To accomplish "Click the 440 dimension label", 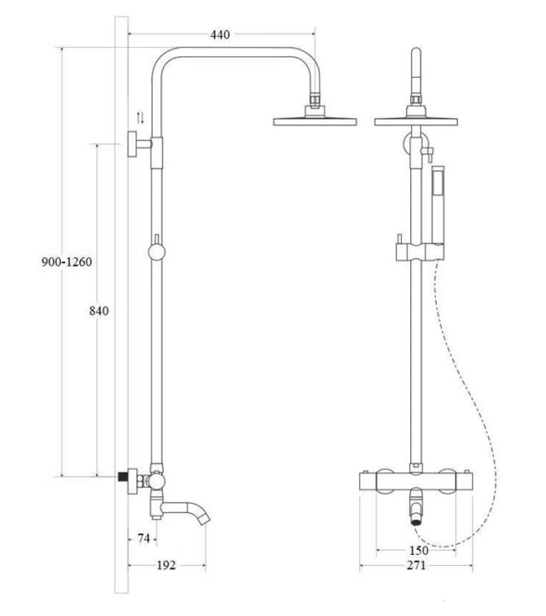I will point(221,34).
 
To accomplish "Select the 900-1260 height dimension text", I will point(66,262).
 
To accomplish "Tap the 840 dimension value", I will point(99,311).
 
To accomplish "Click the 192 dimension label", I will point(166,565).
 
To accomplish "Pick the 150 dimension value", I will point(419,550).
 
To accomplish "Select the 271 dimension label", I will point(416,565).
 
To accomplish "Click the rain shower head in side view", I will point(314,121).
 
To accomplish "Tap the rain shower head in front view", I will point(416,121).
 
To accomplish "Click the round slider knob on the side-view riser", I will point(156,252).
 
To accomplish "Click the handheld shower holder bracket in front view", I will point(418,251).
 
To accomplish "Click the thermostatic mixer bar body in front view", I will point(416,482).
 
